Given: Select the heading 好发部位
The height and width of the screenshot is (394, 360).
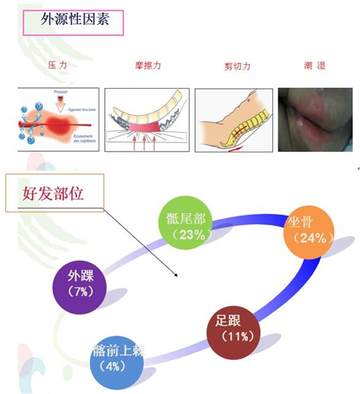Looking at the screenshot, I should tap(53, 194).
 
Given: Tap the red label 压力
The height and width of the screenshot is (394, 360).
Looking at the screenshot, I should tap(57, 66).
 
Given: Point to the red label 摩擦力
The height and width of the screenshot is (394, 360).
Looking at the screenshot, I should tap(147, 66).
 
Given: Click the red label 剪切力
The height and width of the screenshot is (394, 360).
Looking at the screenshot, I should tap(237, 66).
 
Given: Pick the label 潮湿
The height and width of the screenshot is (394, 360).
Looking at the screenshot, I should tap(315, 66).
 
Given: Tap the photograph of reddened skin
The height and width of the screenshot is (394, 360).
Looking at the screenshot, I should tap(315, 120).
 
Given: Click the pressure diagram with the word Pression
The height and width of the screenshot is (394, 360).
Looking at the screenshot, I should tap(58, 120).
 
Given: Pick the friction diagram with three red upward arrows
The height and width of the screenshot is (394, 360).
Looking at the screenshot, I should tap(147, 120).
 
